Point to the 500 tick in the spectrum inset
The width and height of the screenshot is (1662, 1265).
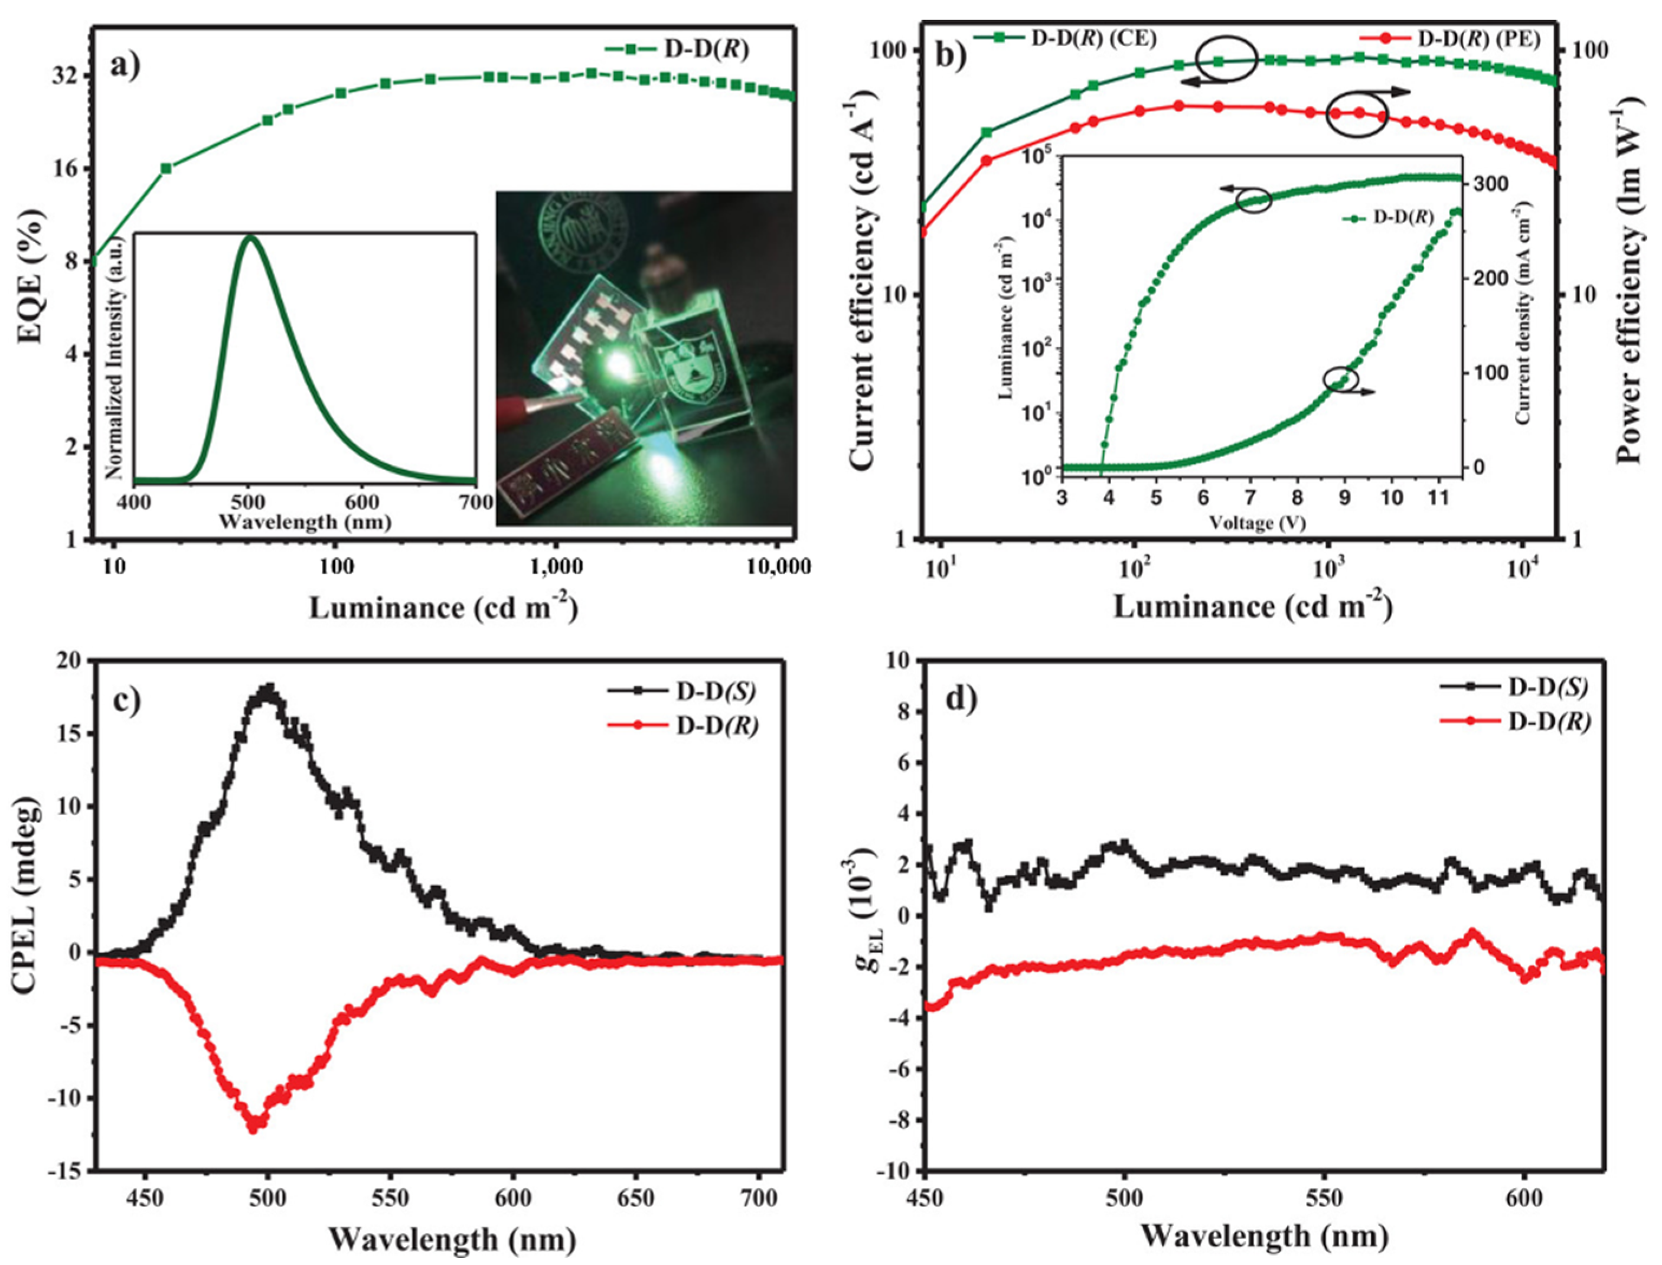[249, 501]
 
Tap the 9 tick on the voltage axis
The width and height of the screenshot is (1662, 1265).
[1344, 498]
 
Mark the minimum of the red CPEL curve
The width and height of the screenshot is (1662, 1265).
[254, 1129]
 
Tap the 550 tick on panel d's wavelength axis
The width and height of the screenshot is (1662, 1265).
[1325, 1199]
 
